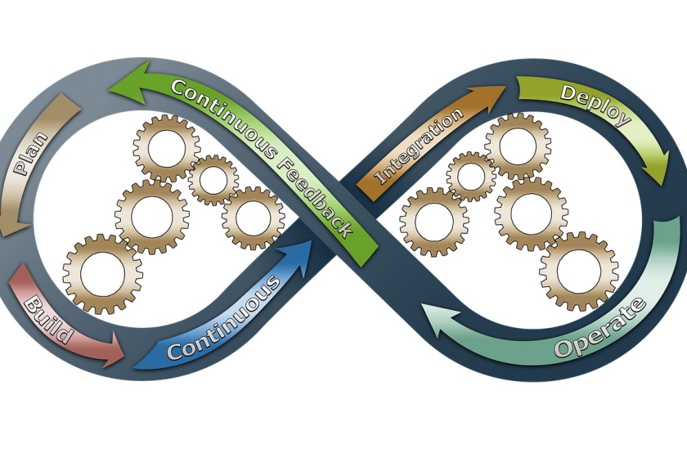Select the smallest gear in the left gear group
coord(213,179)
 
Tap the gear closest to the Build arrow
coord(102,273)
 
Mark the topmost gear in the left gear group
coord(166,148)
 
